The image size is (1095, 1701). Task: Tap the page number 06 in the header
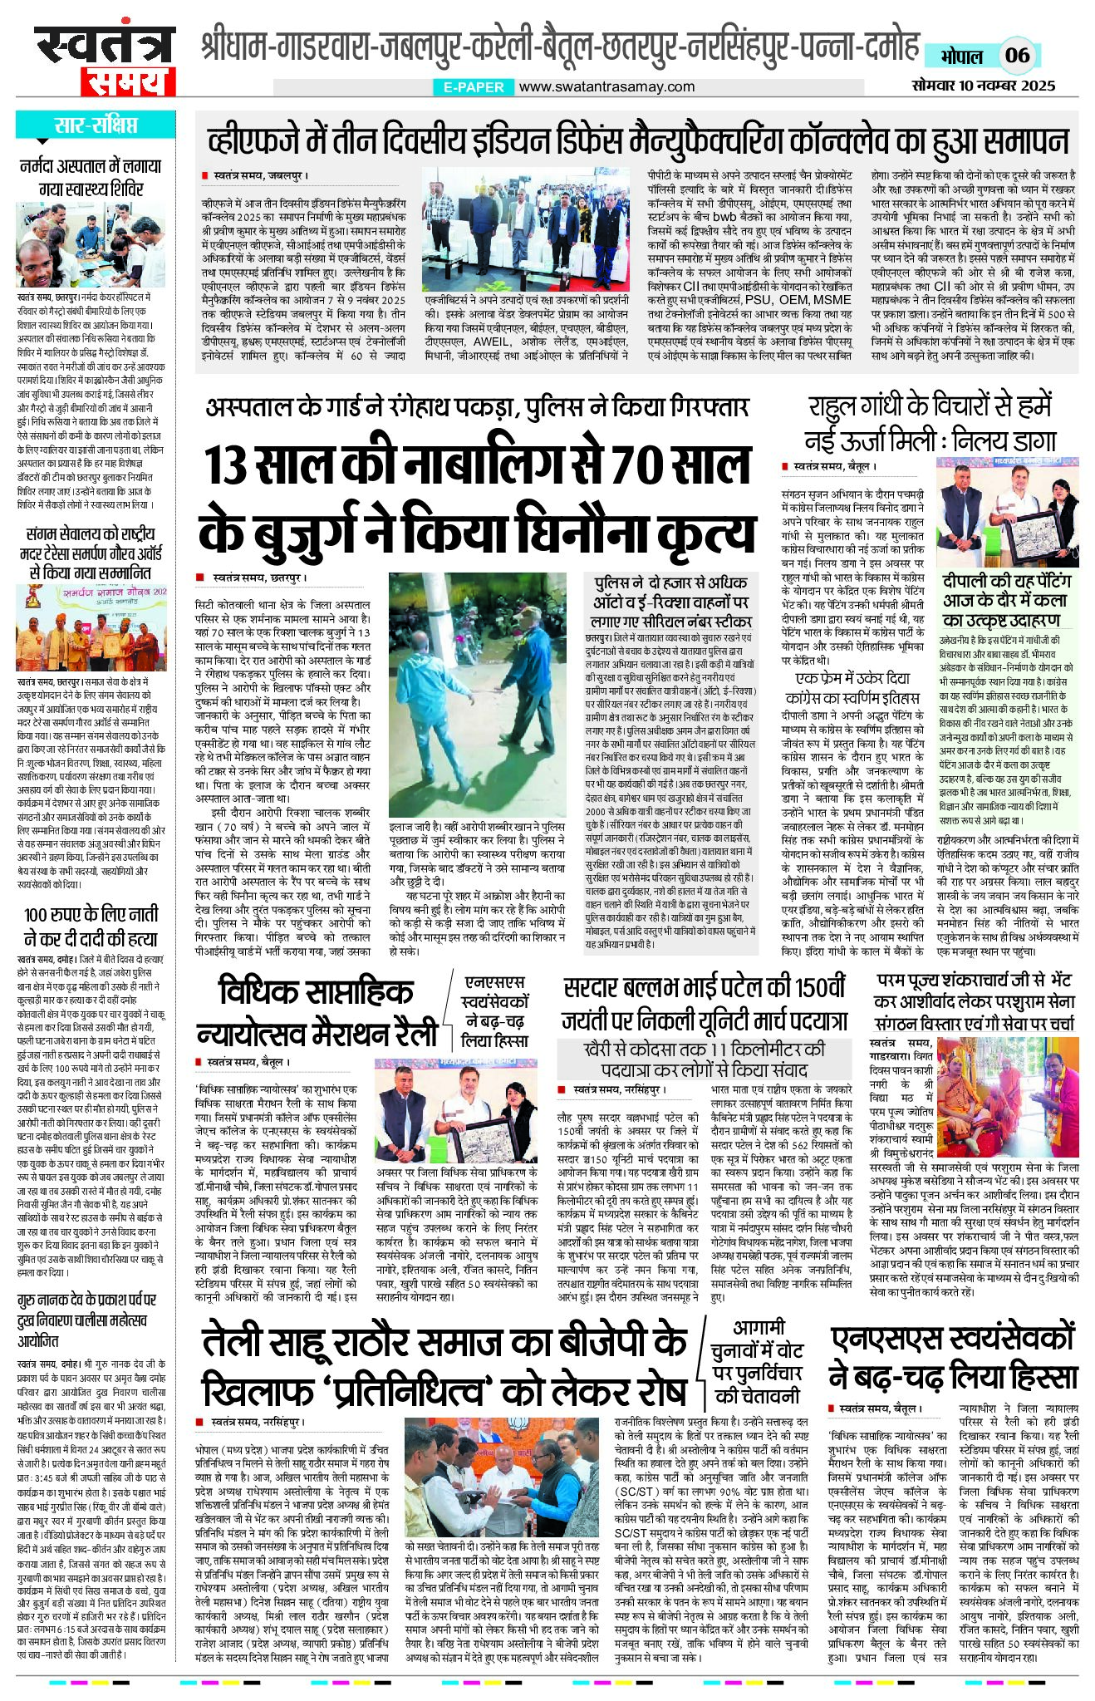1017,56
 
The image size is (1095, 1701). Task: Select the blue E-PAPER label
473,86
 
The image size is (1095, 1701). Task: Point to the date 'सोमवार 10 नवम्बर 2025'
983,85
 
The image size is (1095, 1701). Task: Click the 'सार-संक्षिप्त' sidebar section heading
96,125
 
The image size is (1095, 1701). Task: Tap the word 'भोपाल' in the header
961,57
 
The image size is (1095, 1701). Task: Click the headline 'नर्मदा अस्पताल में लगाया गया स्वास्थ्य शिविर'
91,177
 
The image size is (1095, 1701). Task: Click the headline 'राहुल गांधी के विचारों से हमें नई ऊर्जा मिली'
930,423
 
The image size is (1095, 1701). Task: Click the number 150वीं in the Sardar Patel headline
818,988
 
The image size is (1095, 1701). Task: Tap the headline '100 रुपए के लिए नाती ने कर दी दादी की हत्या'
91,927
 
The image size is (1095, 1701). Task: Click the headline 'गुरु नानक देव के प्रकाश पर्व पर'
83,1300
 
